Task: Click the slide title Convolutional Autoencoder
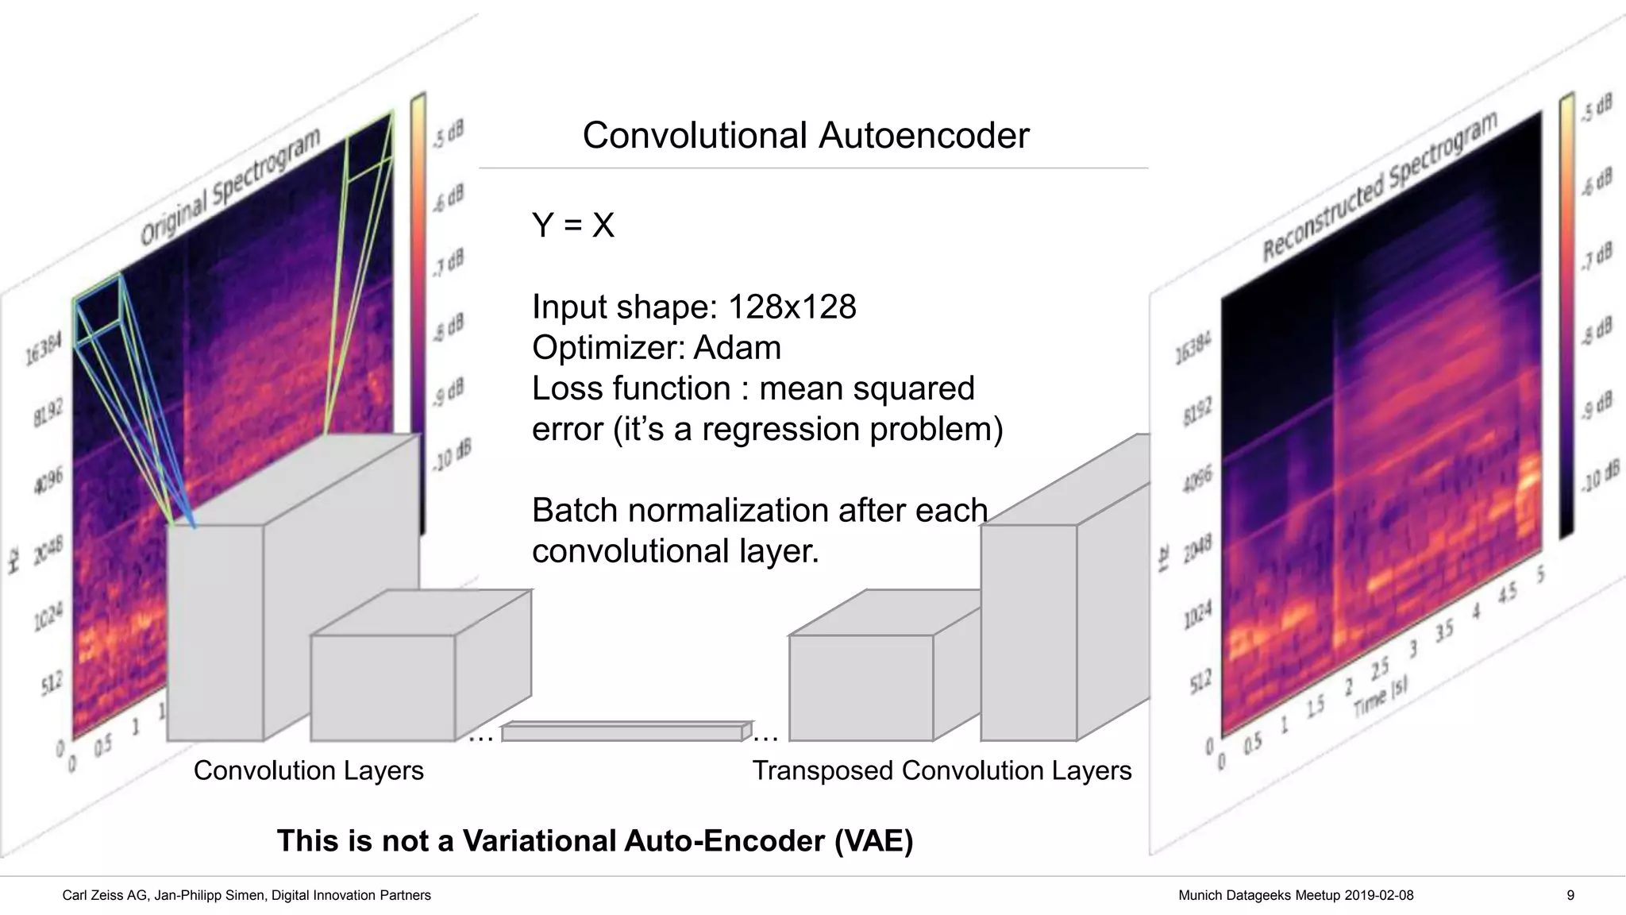pos(805,135)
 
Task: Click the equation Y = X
pos(572,225)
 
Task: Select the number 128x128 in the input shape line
pos(792,307)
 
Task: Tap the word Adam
pos(737,348)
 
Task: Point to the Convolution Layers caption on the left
pos(308,770)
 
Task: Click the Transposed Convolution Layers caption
pos(942,770)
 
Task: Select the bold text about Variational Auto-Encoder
pos(595,840)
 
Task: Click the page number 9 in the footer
pos(1570,895)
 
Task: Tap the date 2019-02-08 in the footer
pos(1378,895)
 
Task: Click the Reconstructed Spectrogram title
pos(1380,187)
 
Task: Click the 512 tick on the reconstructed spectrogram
pos(1200,680)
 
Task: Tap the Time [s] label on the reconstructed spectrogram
pos(1381,697)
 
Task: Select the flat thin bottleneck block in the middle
pos(623,732)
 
